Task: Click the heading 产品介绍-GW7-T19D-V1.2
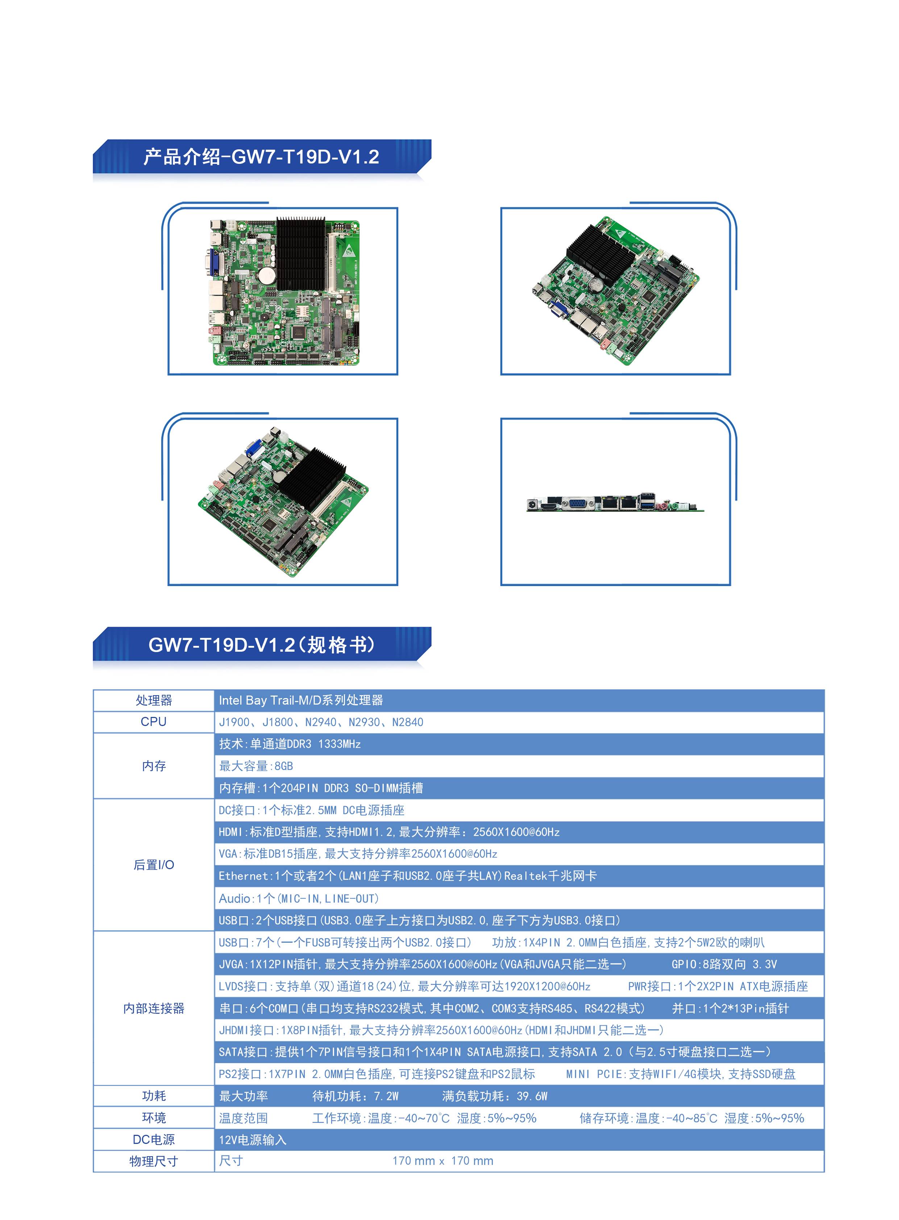coord(261,157)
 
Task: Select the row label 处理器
coord(154,700)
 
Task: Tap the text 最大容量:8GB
coord(256,766)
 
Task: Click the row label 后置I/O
coord(154,864)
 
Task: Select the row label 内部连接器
coord(154,1008)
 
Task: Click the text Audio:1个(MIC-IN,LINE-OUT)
coord(299,898)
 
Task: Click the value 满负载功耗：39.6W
coord(495,1096)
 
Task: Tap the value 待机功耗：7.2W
coord(355,1096)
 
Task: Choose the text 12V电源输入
coord(253,1140)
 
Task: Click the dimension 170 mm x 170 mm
coord(443,1161)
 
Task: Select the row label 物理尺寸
coord(154,1161)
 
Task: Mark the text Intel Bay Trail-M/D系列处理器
coord(301,700)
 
